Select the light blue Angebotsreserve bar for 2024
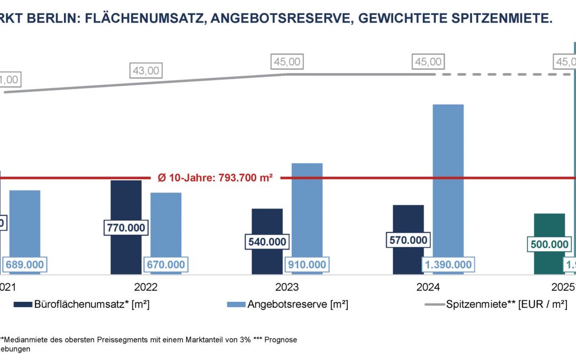click(448, 181)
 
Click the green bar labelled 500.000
click(549, 224)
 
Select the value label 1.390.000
click(448, 265)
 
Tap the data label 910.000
click(307, 265)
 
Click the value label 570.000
click(408, 240)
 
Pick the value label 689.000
click(25, 265)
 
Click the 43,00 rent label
click(145, 70)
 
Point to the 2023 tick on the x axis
click(287, 287)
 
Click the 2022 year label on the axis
click(146, 287)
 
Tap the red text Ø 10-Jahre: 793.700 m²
click(215, 178)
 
